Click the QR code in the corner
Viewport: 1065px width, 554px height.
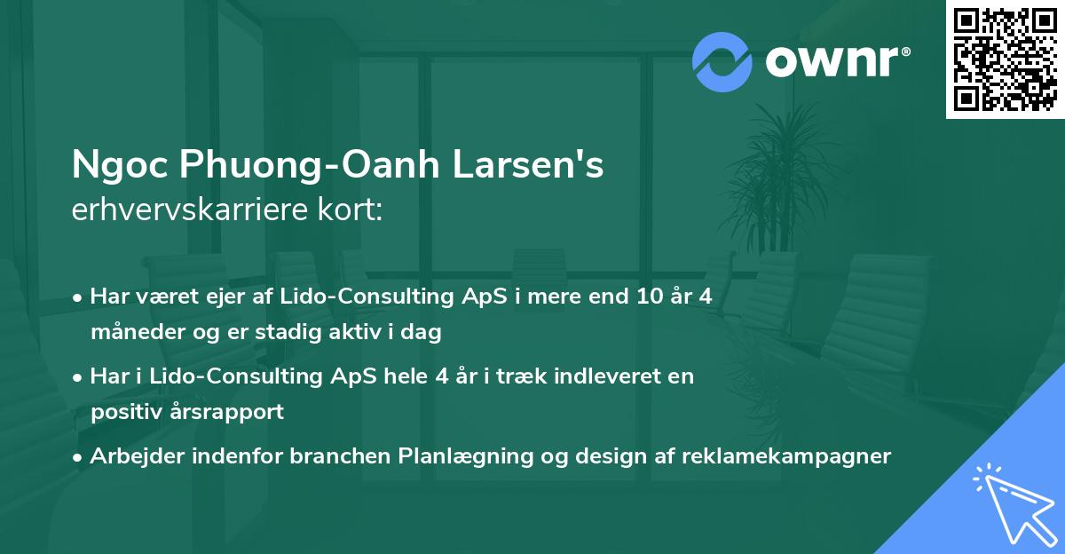coord(1005,59)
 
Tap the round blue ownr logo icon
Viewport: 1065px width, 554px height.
coord(722,62)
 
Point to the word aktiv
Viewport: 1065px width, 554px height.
coord(353,333)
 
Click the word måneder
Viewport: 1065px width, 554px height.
coord(129,333)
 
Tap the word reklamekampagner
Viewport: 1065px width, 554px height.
coord(785,457)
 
